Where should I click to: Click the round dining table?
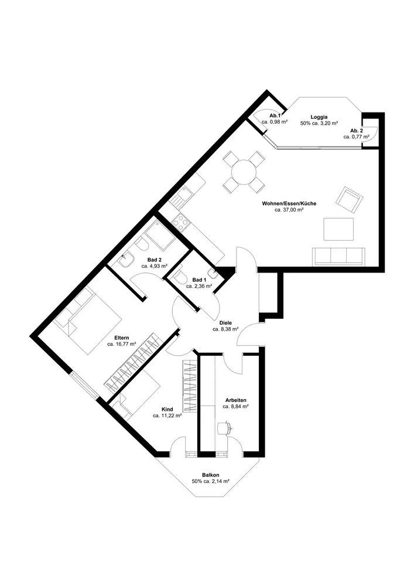click(x=244, y=172)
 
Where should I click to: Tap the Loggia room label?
click(x=319, y=117)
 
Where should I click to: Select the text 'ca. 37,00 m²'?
click(x=289, y=210)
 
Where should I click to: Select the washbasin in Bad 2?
click(x=126, y=260)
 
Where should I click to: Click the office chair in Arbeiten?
click(x=224, y=428)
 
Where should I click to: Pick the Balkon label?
click(x=211, y=475)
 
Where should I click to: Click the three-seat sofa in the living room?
click(x=339, y=256)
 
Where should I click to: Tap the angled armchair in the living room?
click(x=350, y=199)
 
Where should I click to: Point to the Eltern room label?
click(x=122, y=338)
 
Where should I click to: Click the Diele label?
click(x=225, y=323)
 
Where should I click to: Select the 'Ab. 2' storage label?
click(x=357, y=131)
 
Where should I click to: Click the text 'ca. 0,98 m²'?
click(x=275, y=121)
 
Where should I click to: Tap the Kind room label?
click(x=167, y=409)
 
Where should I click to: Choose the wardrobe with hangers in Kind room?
click(x=190, y=386)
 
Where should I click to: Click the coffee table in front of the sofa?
click(x=338, y=229)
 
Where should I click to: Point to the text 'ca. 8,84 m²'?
click(x=236, y=406)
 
